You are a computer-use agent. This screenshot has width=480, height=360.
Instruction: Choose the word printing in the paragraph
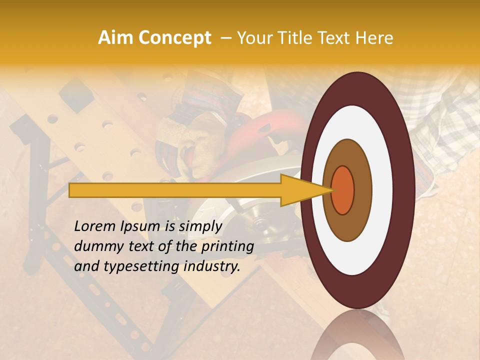[227, 247]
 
